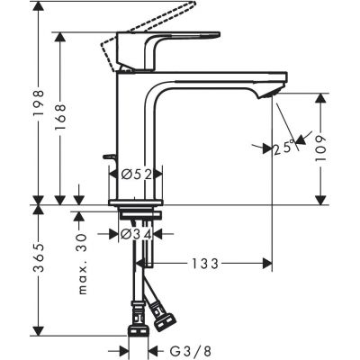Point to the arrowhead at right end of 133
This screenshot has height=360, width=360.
pos(268,264)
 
